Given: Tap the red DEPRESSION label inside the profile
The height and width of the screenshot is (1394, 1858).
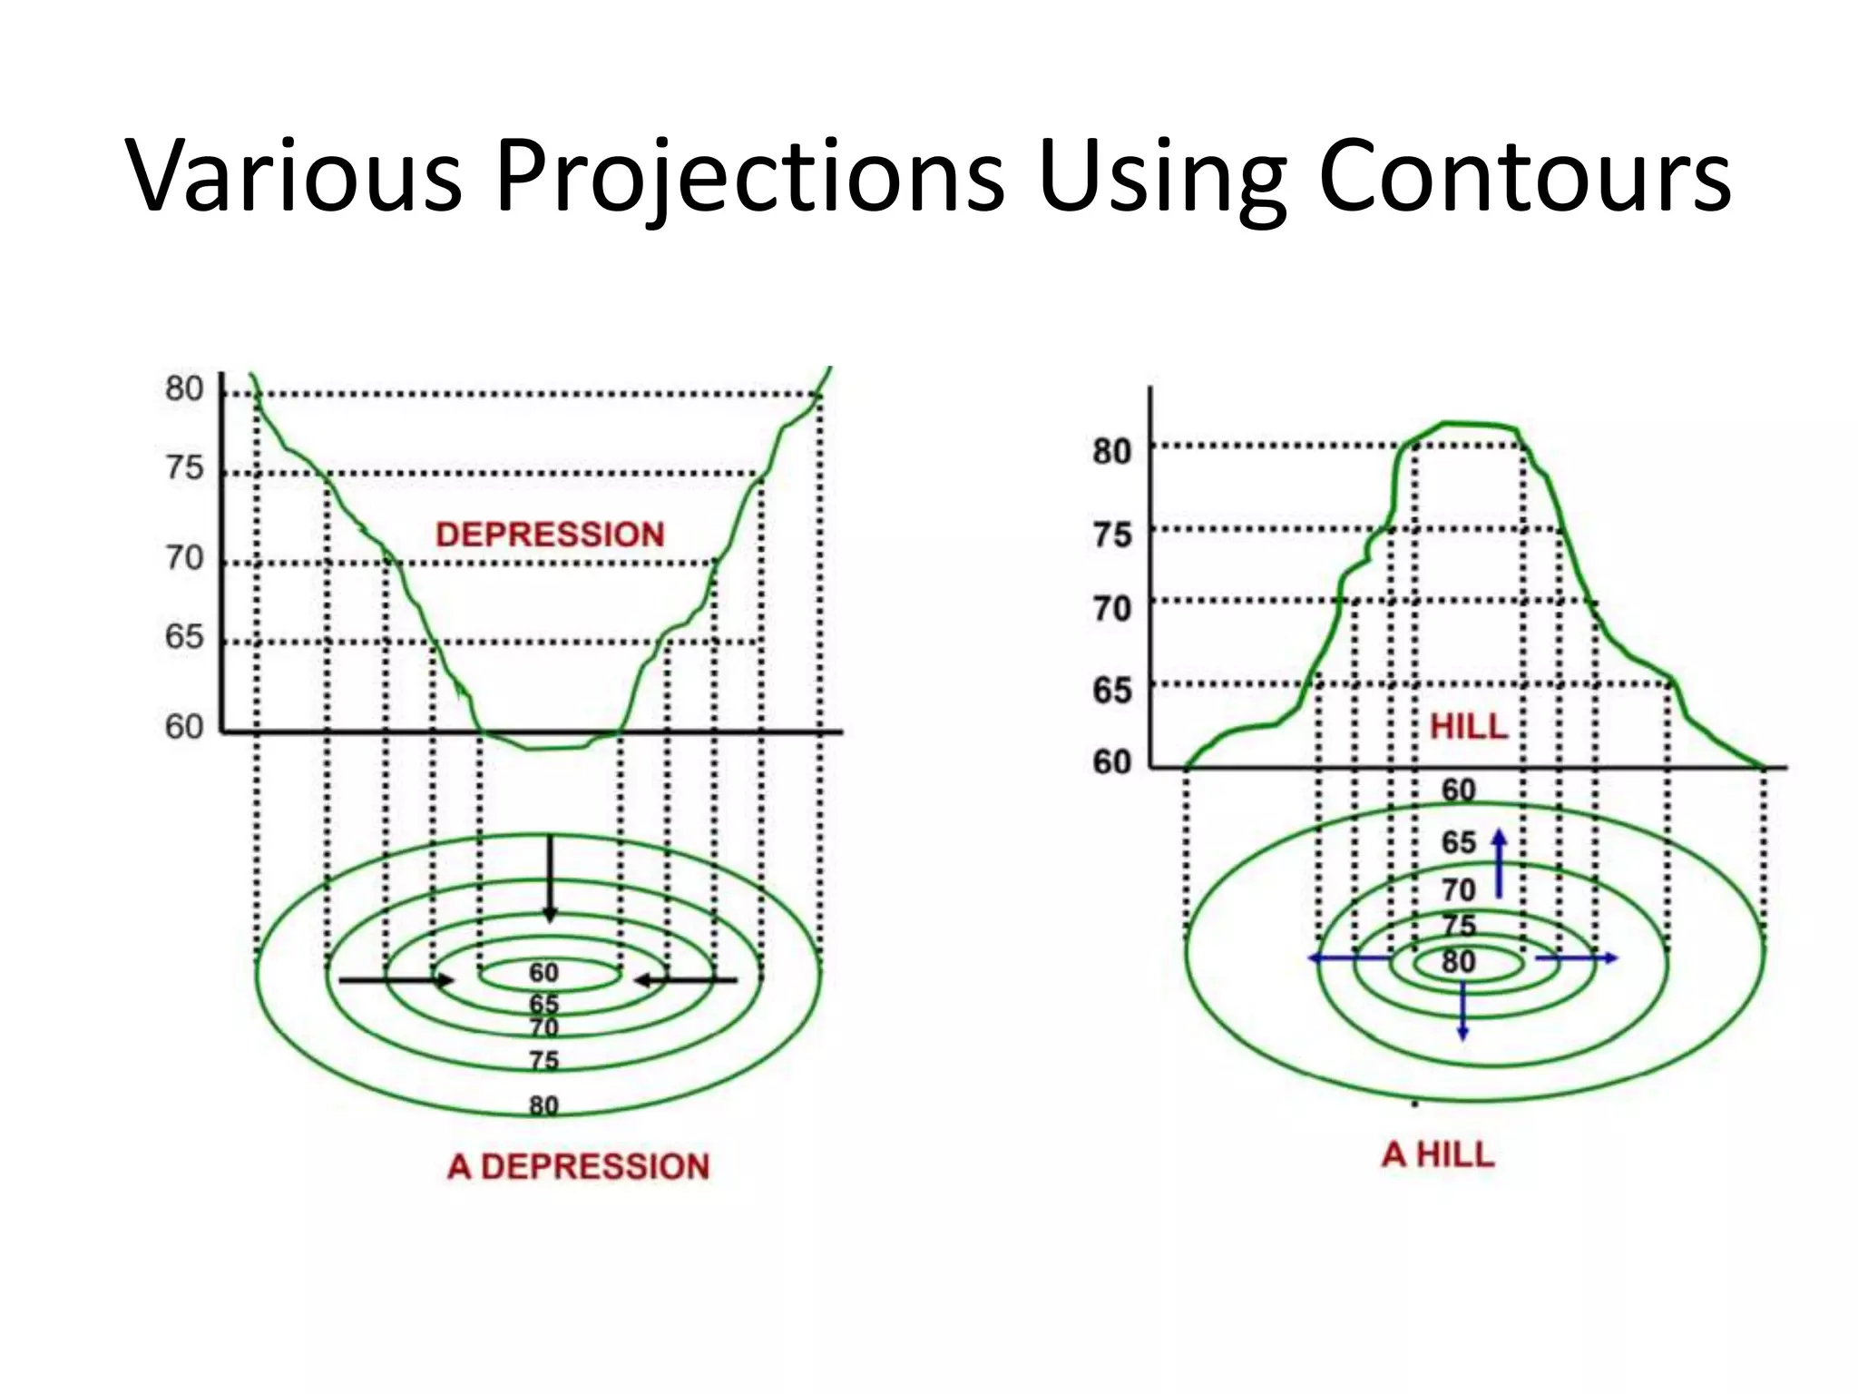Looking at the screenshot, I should pyautogui.click(x=550, y=535).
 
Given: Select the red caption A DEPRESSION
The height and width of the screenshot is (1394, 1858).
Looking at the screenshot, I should pyautogui.click(x=578, y=1166).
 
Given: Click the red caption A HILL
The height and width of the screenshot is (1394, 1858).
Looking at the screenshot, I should pyautogui.click(x=1438, y=1154).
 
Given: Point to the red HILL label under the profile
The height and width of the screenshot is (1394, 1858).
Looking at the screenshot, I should pyautogui.click(x=1468, y=726).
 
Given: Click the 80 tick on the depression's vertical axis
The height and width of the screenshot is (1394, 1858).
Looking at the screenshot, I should pyautogui.click(x=184, y=388).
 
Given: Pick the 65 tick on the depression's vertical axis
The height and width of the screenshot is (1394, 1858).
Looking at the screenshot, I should pyautogui.click(x=184, y=636).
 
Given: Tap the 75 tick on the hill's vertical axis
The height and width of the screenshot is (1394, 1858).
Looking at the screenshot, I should pyautogui.click(x=1112, y=534).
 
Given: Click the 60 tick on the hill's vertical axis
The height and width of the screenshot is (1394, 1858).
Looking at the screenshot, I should pyautogui.click(x=1112, y=761).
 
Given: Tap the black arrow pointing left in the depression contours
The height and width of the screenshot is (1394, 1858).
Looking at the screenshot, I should pyautogui.click(x=686, y=980).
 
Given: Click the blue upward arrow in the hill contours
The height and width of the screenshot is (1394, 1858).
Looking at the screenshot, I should pyautogui.click(x=1499, y=862).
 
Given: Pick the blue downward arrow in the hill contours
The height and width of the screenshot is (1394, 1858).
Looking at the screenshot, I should pyautogui.click(x=1462, y=1009).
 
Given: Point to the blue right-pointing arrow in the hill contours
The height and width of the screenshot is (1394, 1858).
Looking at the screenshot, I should pyautogui.click(x=1577, y=957).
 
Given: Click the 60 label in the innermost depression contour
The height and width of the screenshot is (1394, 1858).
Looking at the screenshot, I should pyautogui.click(x=543, y=973).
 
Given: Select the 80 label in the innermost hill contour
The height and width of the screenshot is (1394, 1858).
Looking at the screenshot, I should pyautogui.click(x=1458, y=961).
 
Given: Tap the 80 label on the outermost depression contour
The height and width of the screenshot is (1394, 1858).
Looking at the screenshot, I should pyautogui.click(x=543, y=1105).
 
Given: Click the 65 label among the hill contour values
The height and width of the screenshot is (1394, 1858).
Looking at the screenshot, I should pyautogui.click(x=1458, y=842).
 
